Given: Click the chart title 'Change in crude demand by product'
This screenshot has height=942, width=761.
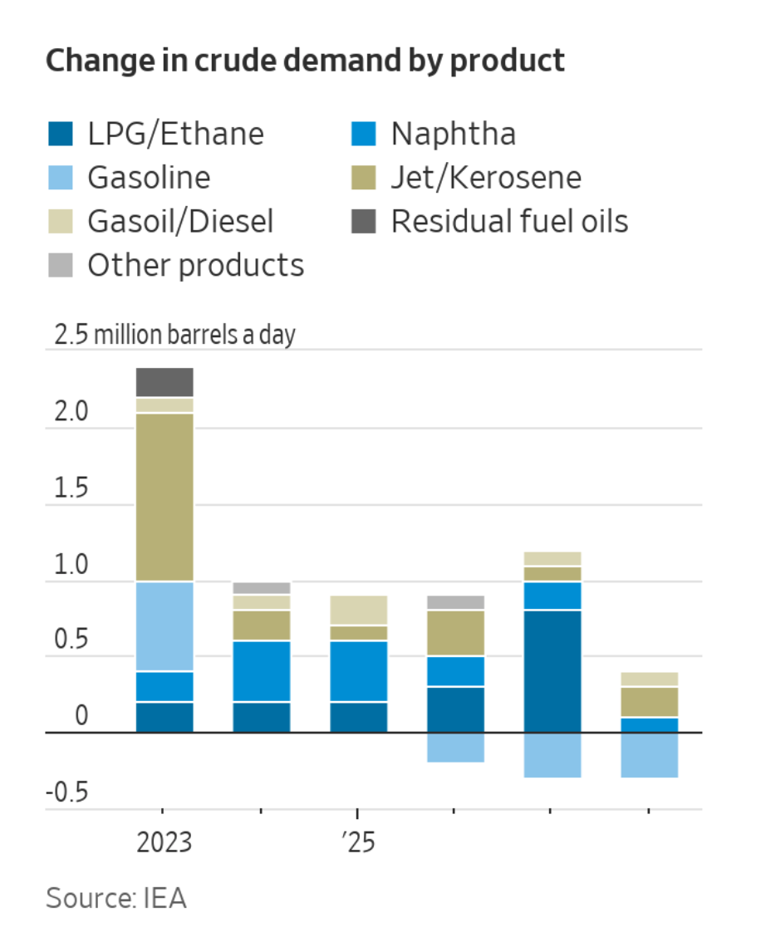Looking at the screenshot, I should tap(305, 61).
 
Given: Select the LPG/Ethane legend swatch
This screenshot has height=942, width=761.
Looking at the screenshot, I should tap(61, 134).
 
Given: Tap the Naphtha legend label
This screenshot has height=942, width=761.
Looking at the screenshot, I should tap(453, 134).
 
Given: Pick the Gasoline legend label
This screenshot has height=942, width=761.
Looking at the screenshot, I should tap(149, 177).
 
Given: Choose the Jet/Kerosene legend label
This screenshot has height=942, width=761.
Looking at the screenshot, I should tap(485, 177).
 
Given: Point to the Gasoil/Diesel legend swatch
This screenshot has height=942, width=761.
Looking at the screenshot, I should tap(61, 221).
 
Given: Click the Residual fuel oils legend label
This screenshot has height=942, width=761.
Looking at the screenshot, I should tap(509, 221).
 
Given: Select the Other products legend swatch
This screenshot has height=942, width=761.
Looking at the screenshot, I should tap(61, 265).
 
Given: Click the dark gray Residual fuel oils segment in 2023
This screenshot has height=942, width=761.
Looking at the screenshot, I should tap(164, 382).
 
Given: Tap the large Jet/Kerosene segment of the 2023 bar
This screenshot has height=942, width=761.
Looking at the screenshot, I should tap(164, 497).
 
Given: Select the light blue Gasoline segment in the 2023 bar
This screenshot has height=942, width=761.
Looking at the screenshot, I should tap(164, 626).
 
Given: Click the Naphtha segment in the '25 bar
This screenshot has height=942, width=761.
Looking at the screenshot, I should tap(359, 671).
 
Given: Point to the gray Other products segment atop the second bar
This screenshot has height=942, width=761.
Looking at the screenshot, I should tap(262, 588).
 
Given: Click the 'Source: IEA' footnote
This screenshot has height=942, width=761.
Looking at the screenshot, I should tap(116, 898).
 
